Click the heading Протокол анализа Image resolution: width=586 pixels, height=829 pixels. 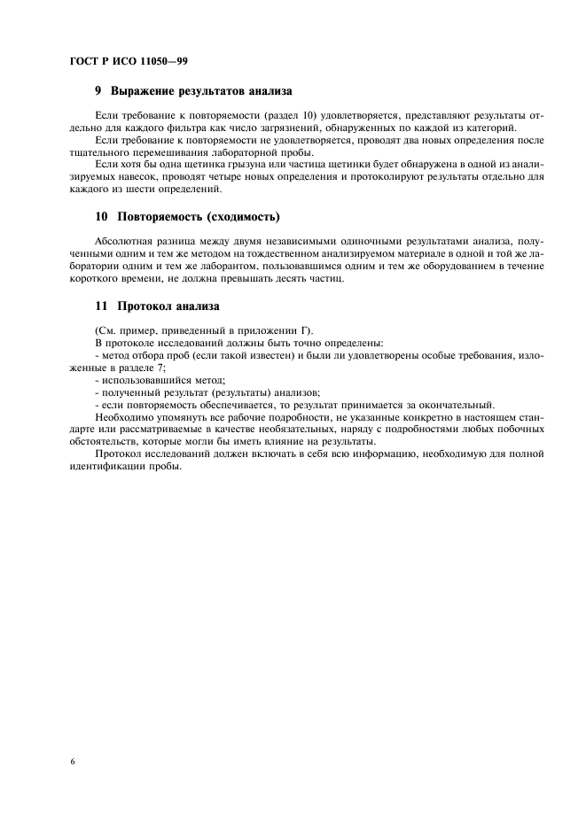pyautogui.click(x=165, y=306)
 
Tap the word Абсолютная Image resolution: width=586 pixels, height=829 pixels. pyautogui.click(x=122, y=241)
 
